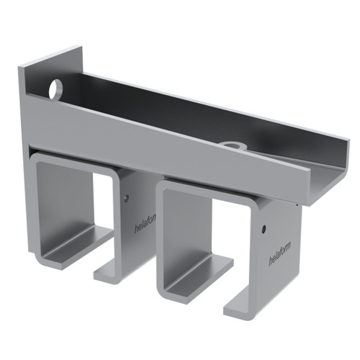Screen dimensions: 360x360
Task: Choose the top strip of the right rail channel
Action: click(x=209, y=189)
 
